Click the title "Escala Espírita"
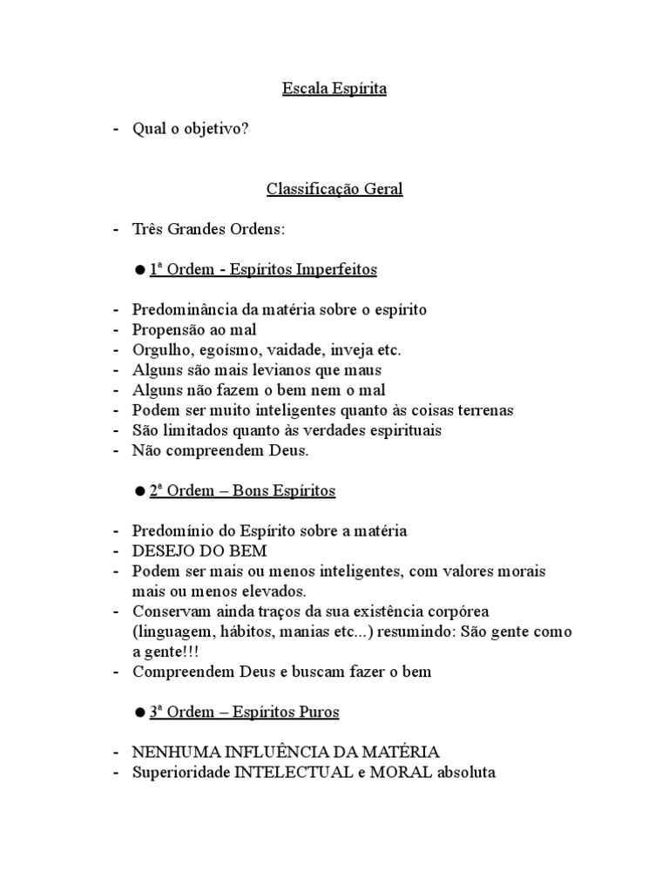pyautogui.click(x=334, y=88)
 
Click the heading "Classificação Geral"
pyautogui.click(x=334, y=189)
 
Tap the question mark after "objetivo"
pyautogui.click(x=245, y=129)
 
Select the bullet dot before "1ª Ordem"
pyautogui.click(x=139, y=270)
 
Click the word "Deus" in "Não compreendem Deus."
pyautogui.click(x=287, y=450)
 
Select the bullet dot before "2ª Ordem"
pyautogui.click(x=139, y=491)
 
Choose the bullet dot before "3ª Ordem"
pyautogui.click(x=139, y=713)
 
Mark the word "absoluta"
pyautogui.click(x=465, y=772)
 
